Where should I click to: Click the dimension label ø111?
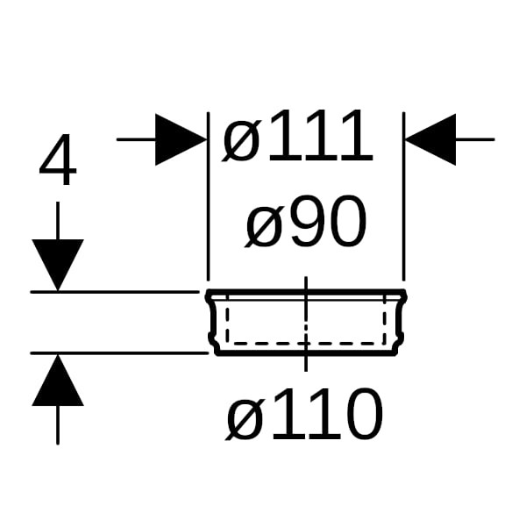pos(297,136)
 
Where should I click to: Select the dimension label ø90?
pos(306,222)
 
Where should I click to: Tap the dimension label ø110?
pos(304,414)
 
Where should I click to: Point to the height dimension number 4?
pos(58,160)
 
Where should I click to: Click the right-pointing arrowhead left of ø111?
pos(181,139)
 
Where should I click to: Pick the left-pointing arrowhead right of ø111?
pos(430,139)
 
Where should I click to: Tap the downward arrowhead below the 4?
pos(58,265)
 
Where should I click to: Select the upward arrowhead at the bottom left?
pos(58,380)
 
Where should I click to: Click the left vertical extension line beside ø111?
pos(209,196)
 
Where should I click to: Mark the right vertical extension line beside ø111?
pos(403,196)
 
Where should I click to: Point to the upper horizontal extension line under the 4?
pos(115,292)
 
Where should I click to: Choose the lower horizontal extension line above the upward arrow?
pos(119,353)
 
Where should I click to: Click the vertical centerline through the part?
pos(306,324)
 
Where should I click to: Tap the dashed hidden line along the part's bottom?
pos(306,344)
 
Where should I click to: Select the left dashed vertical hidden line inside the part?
pos(227,319)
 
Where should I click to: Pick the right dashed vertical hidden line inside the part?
pos(385,319)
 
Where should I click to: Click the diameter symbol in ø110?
pos(244,417)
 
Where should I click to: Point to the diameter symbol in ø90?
pos(264,224)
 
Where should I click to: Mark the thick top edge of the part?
pos(306,292)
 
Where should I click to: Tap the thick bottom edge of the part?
pos(306,353)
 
